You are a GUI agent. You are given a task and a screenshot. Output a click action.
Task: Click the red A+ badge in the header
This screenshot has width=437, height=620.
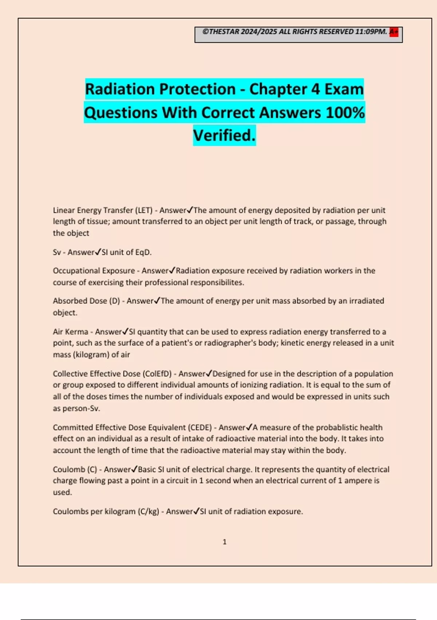click(394, 32)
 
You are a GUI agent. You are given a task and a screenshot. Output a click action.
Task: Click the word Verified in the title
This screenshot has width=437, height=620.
click(224, 136)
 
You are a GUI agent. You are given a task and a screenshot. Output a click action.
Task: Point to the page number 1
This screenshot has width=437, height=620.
click(224, 542)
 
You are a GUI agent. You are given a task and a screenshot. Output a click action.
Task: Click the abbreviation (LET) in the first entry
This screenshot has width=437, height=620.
click(144, 210)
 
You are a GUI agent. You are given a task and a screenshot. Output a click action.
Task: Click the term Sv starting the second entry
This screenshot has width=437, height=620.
click(57, 252)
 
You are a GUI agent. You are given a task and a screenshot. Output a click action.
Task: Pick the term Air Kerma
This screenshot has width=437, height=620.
click(70, 332)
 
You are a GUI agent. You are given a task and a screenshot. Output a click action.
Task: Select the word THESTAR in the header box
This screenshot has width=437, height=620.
click(224, 32)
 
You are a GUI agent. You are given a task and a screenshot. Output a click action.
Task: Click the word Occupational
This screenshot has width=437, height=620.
click(76, 271)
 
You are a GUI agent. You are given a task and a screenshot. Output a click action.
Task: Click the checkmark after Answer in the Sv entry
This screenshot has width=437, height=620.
click(98, 252)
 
